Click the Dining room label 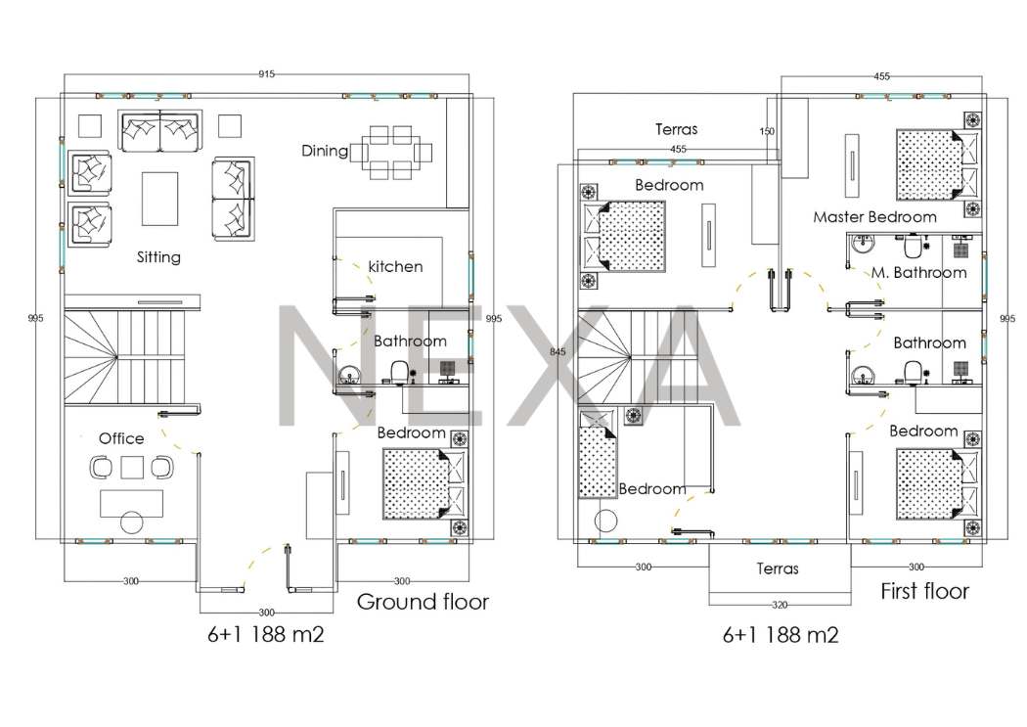pyautogui.click(x=325, y=152)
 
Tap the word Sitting pyautogui.click(x=158, y=256)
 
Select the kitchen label pyautogui.click(x=395, y=266)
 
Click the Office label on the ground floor pyautogui.click(x=121, y=438)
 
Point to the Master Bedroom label pyautogui.click(x=874, y=217)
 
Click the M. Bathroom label pyautogui.click(x=918, y=272)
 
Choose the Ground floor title pyautogui.click(x=423, y=601)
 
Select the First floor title pyautogui.click(x=924, y=591)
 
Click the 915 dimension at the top pyautogui.click(x=266, y=74)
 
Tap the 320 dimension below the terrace pyautogui.click(x=780, y=605)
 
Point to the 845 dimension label pyautogui.click(x=558, y=351)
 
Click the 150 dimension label pyautogui.click(x=767, y=131)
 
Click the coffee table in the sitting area pyautogui.click(x=159, y=199)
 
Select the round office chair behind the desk pyautogui.click(x=132, y=523)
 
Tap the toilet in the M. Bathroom pyautogui.click(x=911, y=246)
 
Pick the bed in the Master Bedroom pyautogui.click(x=937, y=164)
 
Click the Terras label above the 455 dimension pyautogui.click(x=676, y=129)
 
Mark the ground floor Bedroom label pyautogui.click(x=412, y=432)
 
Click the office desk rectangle pyautogui.click(x=132, y=503)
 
